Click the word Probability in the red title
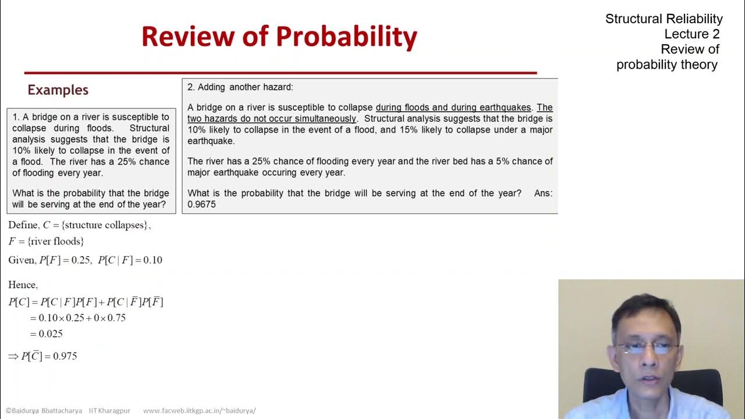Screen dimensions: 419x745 (347, 36)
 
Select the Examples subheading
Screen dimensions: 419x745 (58, 90)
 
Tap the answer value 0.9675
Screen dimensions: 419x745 (201, 204)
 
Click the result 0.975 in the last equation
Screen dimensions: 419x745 (65, 356)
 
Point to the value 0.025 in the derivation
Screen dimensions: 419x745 (51, 333)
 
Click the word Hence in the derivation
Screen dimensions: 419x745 (23, 285)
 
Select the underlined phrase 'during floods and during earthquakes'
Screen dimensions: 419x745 (453, 108)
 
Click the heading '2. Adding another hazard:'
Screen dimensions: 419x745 (240, 87)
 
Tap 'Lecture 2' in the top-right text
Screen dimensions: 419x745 (692, 34)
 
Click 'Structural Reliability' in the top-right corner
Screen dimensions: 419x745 (664, 19)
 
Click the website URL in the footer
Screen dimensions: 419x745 (199, 410)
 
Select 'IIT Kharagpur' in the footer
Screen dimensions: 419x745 (109, 410)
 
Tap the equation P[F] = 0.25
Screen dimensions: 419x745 (64, 260)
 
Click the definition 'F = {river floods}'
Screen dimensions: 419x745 (46, 241)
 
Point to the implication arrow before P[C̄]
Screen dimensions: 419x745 (13, 356)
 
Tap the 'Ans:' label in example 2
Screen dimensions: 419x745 (543, 193)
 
